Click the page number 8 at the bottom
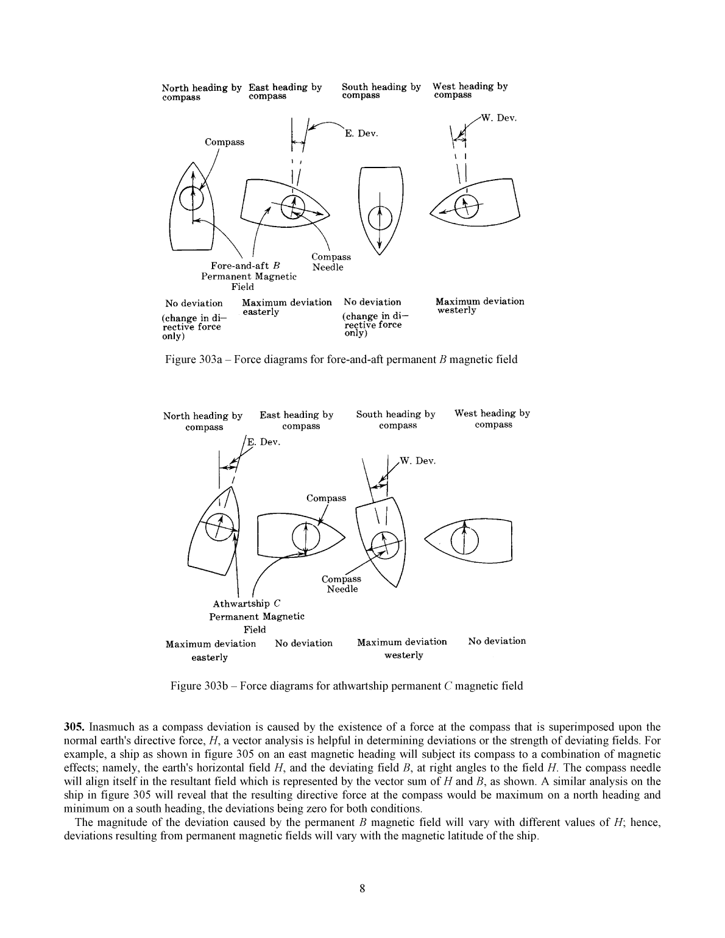(x=362, y=889)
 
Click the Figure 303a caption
(x=341, y=359)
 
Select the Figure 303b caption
(x=346, y=686)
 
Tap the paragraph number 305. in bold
(x=75, y=727)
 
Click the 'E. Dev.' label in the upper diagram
(x=361, y=133)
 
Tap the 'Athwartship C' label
(x=246, y=604)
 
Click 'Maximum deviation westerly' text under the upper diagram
(x=479, y=306)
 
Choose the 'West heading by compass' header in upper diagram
(x=470, y=90)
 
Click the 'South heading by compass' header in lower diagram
(x=396, y=420)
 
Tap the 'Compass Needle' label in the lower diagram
(x=341, y=584)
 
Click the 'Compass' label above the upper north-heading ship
(x=224, y=142)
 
